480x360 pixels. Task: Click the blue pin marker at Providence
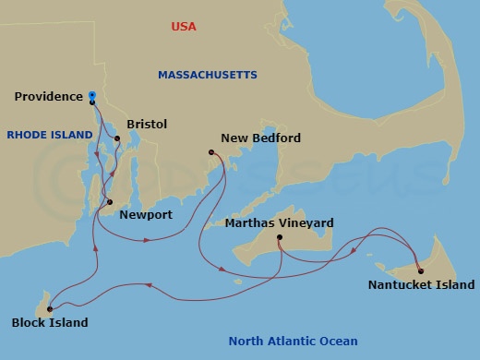pos(92,94)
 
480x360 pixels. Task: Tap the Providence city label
pos(49,96)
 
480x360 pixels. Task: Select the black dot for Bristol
pos(117,138)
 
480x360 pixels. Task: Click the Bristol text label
pos(147,123)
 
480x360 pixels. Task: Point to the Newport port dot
pos(110,202)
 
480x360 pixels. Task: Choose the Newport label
pos(146,215)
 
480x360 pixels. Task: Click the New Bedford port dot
pos(211,152)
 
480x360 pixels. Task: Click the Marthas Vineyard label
pos(280,222)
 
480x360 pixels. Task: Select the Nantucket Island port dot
pos(420,270)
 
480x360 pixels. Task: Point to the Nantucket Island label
pos(421,285)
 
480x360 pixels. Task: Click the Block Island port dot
pos(50,309)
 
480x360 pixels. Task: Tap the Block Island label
pos(50,323)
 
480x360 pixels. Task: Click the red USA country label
pos(185,27)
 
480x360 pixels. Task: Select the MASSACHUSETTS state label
pos(208,75)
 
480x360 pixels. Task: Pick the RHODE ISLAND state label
pos(50,135)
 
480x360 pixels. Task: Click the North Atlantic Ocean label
pos(293,341)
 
